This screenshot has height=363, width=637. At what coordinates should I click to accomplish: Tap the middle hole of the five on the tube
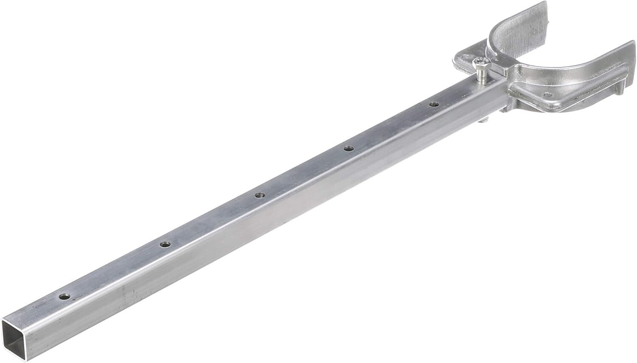tap(259, 195)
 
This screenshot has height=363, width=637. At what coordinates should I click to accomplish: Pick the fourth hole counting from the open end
tap(349, 148)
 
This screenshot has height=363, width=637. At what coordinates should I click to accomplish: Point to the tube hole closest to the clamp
tap(434, 104)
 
